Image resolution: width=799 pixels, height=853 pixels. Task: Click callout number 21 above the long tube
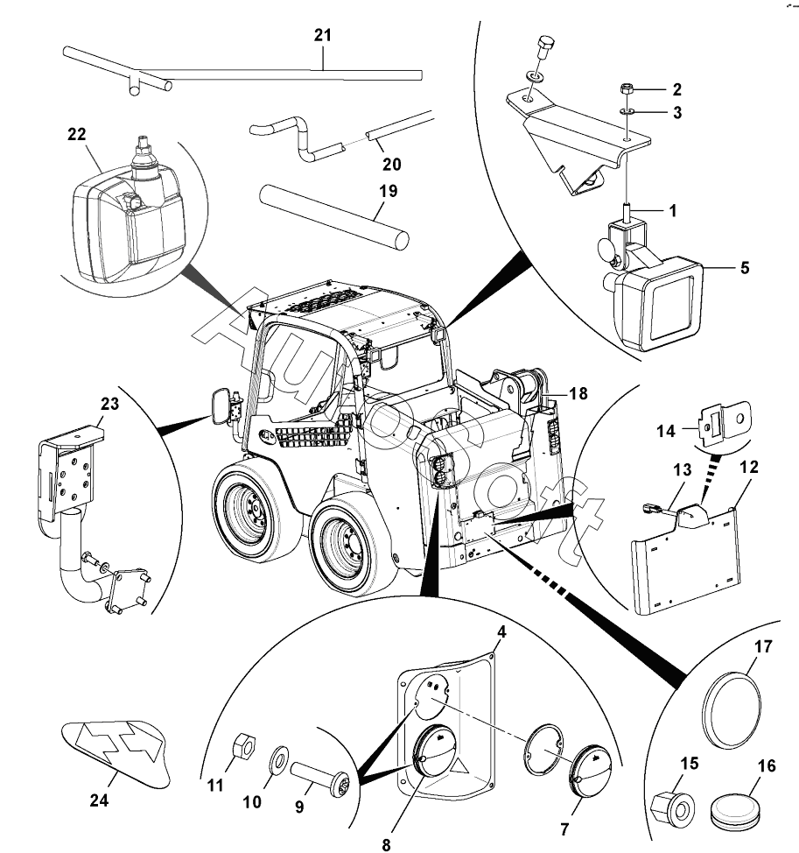(322, 35)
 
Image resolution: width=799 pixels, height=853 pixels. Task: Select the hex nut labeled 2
(626, 88)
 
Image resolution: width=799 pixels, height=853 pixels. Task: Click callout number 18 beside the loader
(578, 393)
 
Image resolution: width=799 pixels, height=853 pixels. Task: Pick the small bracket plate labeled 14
(725, 424)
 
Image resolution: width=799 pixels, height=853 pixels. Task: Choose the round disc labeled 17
(732, 711)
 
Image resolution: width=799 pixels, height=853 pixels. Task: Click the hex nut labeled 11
(244, 745)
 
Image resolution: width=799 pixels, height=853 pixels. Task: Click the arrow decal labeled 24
(114, 753)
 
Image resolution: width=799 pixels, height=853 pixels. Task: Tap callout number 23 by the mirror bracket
(109, 404)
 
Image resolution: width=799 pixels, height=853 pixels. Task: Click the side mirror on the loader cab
(221, 405)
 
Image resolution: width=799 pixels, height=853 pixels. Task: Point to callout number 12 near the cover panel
(748, 467)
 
